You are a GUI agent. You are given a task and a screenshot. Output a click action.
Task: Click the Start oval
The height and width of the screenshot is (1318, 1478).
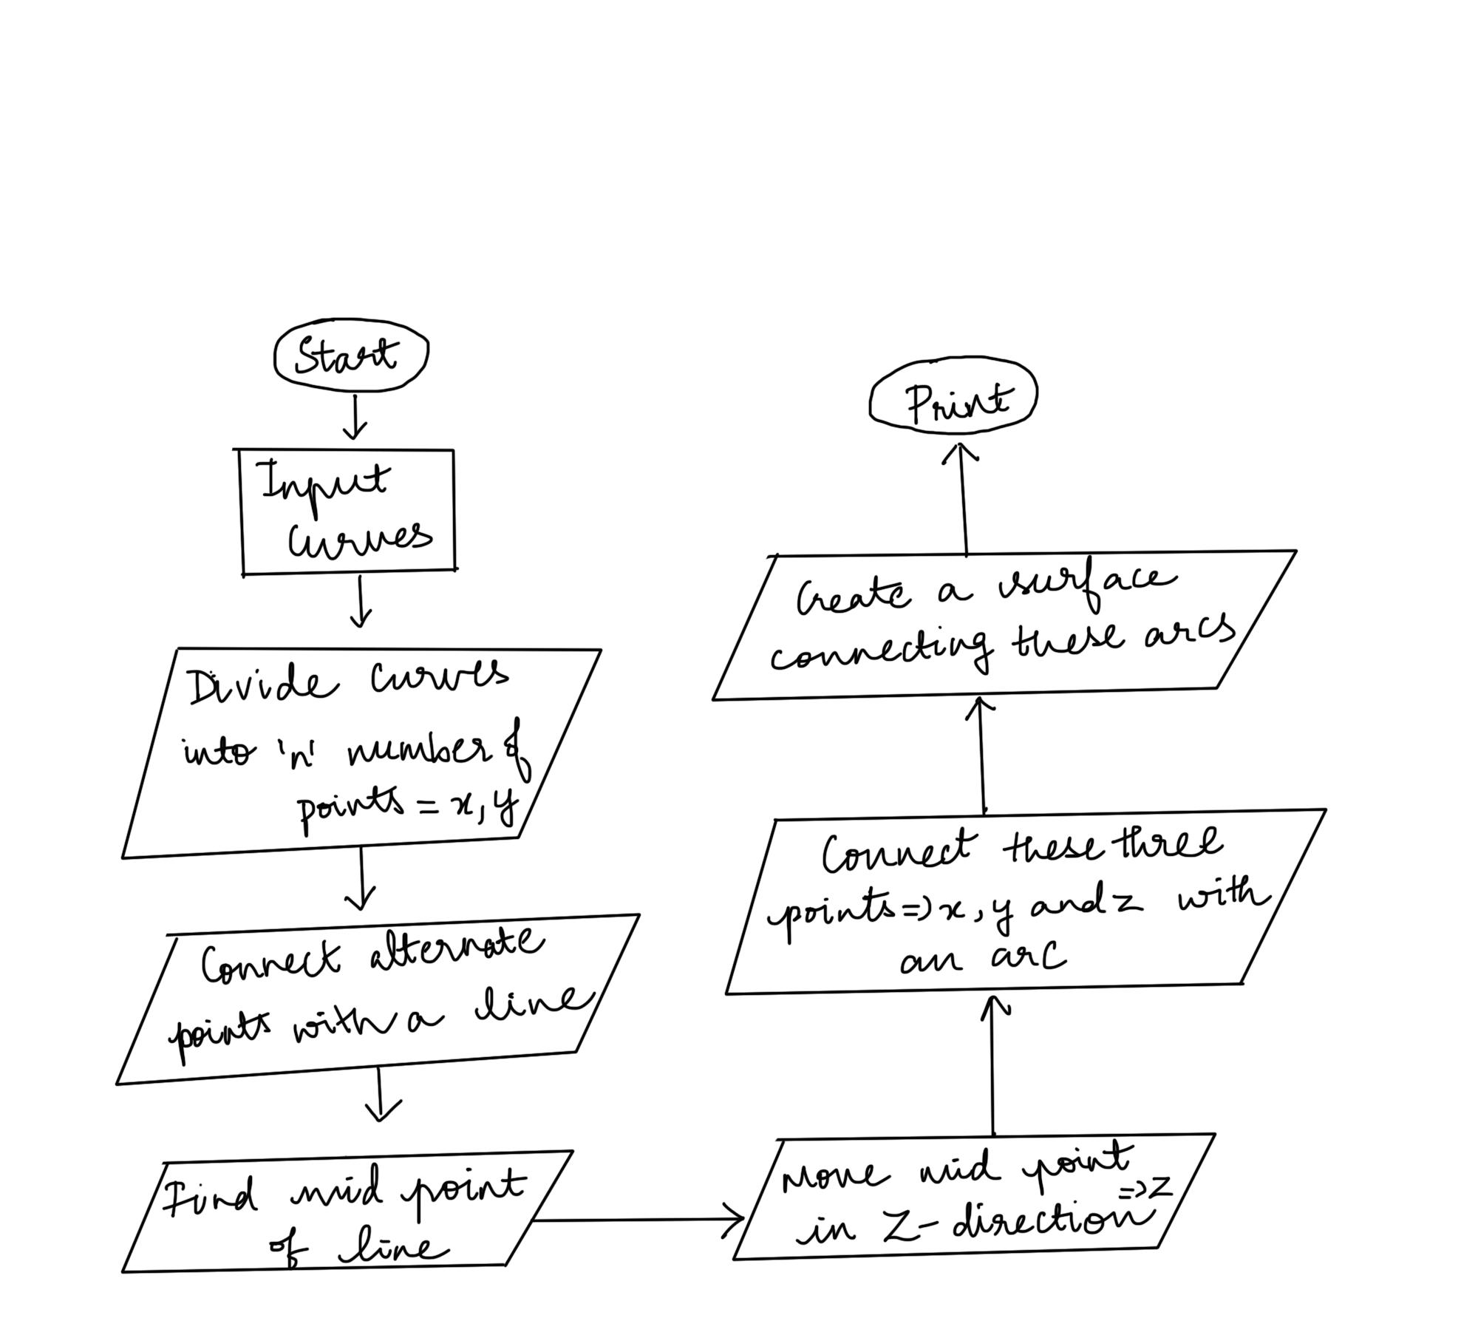pos(350,356)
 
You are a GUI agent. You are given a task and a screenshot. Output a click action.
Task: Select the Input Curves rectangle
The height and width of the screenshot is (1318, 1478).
pos(347,511)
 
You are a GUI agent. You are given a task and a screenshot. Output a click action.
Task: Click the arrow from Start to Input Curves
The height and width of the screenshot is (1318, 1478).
pos(355,417)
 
